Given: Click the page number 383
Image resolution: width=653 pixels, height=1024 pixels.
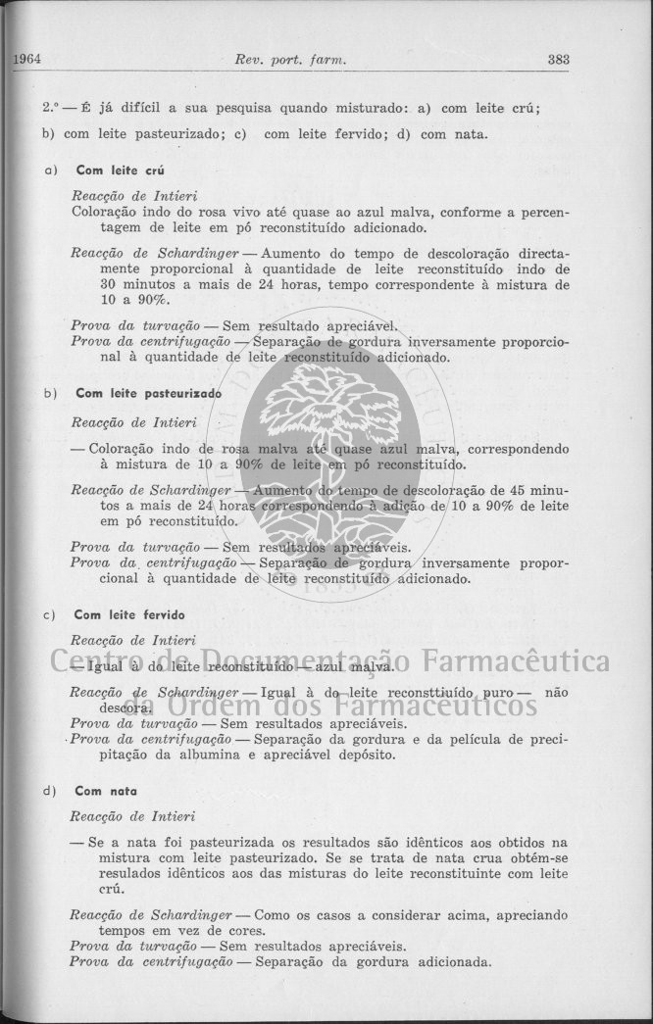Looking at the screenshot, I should point(559,59).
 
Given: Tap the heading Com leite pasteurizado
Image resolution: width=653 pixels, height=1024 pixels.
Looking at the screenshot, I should point(148,393).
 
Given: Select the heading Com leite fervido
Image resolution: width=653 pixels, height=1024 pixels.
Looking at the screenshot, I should point(129,614).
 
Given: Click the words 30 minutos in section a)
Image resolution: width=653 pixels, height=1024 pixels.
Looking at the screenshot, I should point(134,284).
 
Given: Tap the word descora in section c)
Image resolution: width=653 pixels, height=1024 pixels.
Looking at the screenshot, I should point(125,707).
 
